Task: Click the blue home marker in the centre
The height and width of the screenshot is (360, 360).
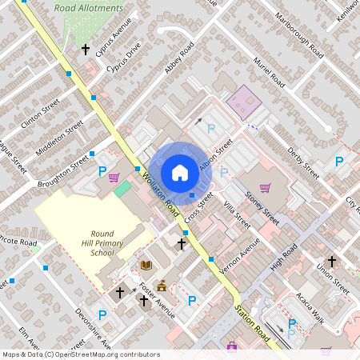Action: click(x=180, y=172)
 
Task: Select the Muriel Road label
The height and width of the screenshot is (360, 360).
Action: click(x=269, y=73)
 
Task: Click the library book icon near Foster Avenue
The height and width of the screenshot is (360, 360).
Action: click(x=146, y=265)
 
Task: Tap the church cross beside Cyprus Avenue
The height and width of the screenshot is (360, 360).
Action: click(x=85, y=50)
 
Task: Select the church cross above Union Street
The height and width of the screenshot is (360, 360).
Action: click(x=331, y=261)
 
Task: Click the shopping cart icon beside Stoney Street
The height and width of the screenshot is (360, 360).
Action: click(x=265, y=188)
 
